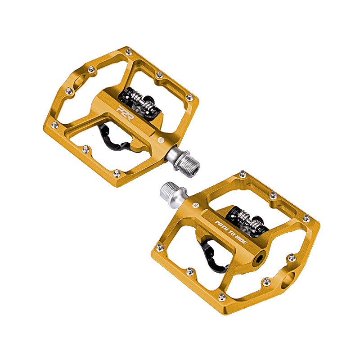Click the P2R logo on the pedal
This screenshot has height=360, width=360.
tap(125, 113)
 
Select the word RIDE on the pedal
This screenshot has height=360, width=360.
tap(242, 241)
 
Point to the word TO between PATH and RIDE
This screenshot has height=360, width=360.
tap(232, 234)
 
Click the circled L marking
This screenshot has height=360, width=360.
tap(162, 140)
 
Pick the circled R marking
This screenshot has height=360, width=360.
tap(196, 205)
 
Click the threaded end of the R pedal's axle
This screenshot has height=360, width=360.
tap(170, 190)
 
